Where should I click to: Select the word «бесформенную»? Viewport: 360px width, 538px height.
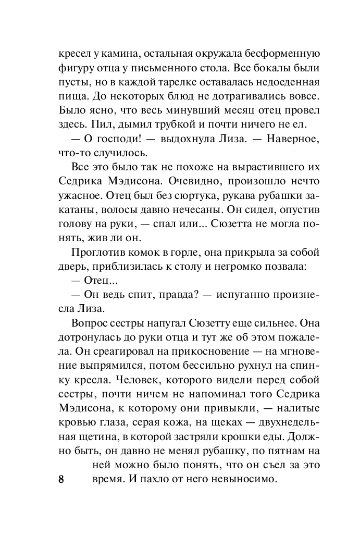click(x=283, y=54)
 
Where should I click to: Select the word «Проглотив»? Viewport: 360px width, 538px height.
click(x=96, y=253)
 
